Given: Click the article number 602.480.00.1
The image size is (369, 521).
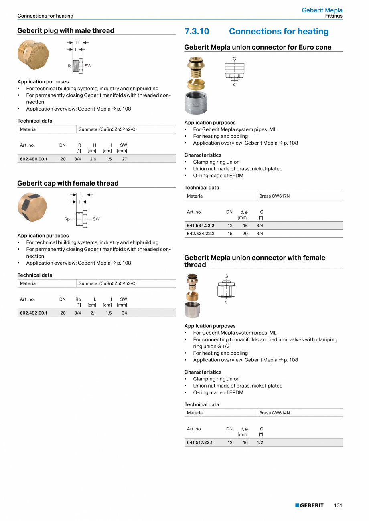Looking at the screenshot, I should [x=33, y=159].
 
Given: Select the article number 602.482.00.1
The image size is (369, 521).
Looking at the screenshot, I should [x=33, y=313].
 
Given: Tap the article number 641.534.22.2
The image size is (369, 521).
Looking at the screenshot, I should [x=201, y=226].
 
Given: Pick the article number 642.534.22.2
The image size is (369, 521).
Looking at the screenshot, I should [x=201, y=234].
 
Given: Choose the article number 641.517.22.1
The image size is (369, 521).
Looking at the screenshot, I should [x=200, y=442].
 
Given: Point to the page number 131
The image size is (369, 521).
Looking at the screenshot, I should [x=338, y=505].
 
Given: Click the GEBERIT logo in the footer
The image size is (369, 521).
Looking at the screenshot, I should [x=309, y=505].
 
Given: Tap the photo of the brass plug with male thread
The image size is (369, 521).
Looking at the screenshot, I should [x=33, y=56].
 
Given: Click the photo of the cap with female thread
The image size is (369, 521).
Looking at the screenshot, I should [x=32, y=207].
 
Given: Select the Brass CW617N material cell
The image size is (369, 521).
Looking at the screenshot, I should [x=274, y=196].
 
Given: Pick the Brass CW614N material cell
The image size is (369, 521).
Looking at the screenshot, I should [x=274, y=413].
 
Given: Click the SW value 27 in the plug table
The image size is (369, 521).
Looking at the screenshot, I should [x=124, y=159].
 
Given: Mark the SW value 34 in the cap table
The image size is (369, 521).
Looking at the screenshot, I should [x=124, y=313].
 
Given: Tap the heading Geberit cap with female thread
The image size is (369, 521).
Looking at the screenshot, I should [x=68, y=183].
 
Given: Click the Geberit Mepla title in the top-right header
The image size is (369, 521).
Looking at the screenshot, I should [x=322, y=10].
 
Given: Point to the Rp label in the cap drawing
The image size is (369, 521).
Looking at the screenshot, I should [x=67, y=219].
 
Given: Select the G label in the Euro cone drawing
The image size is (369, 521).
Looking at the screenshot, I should [x=234, y=59].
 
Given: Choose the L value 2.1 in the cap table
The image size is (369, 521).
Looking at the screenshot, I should [x=93, y=313].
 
